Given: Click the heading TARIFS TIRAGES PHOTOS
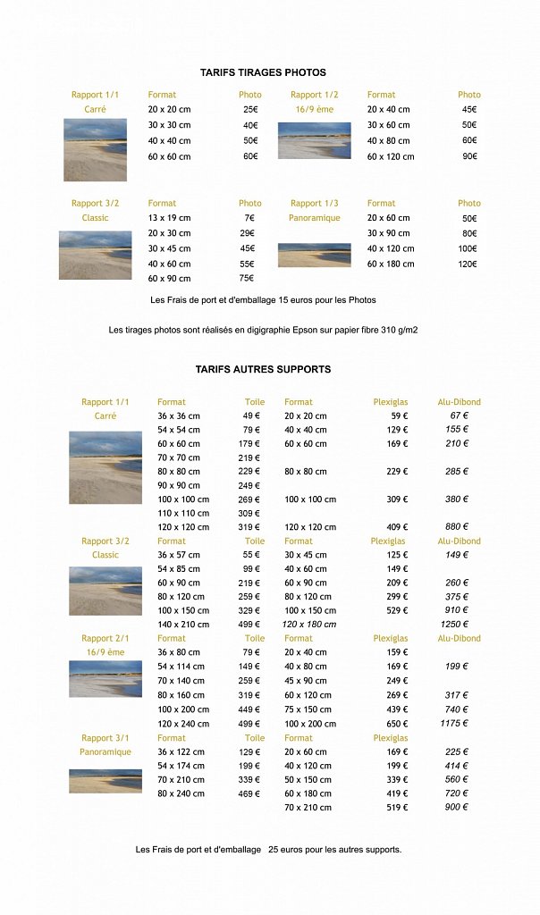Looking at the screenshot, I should point(263,72).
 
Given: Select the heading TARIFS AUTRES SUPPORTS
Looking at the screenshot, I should point(263,369).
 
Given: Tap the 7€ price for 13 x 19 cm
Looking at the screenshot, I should point(249,218).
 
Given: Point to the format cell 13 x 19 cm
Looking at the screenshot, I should point(169,218).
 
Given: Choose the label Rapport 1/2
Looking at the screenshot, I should point(314,95).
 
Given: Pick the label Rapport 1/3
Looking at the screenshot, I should point(314,204).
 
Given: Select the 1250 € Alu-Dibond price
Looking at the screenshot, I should point(454,625).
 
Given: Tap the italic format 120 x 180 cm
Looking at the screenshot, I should point(309,625).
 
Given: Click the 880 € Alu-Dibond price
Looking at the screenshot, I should point(457,527).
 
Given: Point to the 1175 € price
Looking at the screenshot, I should point(454,724).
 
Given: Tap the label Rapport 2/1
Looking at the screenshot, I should point(105,639).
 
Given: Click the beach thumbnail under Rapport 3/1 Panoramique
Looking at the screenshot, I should point(105,781).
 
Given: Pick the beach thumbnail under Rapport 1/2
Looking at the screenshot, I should point(314,141).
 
